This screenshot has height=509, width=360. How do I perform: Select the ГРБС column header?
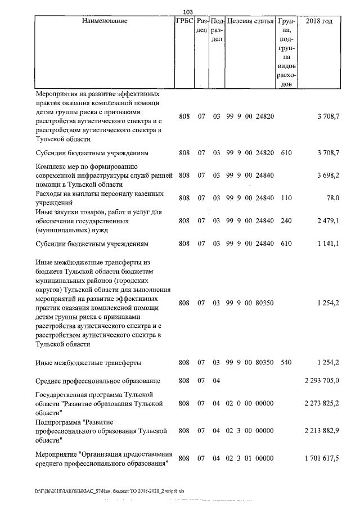184,21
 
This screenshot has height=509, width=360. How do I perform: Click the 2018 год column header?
319,21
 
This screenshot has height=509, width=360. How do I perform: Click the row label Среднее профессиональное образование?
97,381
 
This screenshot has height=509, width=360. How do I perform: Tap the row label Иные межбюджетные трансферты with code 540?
88,363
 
